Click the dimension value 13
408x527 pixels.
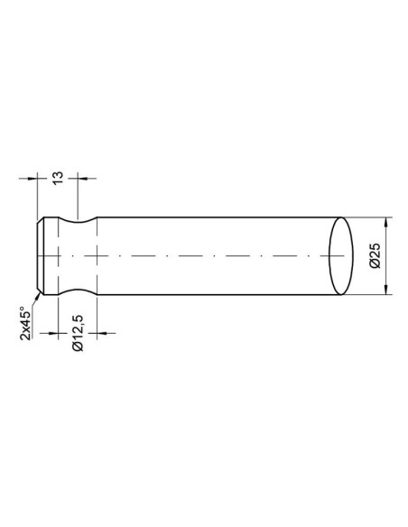59,175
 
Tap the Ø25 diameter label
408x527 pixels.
376,256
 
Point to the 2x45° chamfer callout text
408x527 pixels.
28,322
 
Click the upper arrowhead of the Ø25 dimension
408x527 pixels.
387,223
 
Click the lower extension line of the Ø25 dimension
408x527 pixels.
366,294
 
